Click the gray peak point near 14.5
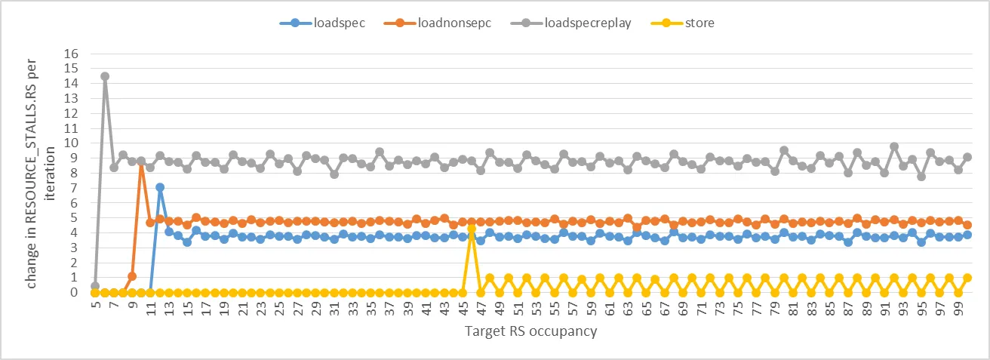[x=104, y=76]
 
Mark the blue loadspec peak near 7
[x=160, y=187]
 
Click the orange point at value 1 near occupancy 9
[x=132, y=276]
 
